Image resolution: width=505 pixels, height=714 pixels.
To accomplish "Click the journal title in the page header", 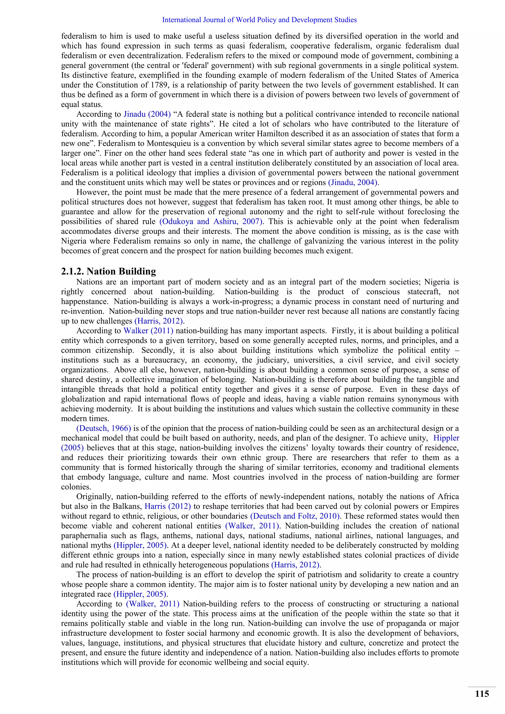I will [x=259, y=20].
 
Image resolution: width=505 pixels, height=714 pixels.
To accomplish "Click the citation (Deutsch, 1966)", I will [x=104, y=428].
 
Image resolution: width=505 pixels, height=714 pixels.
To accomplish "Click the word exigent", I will [x=341, y=251].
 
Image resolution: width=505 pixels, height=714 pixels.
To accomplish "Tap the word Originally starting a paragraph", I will [x=94, y=496].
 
